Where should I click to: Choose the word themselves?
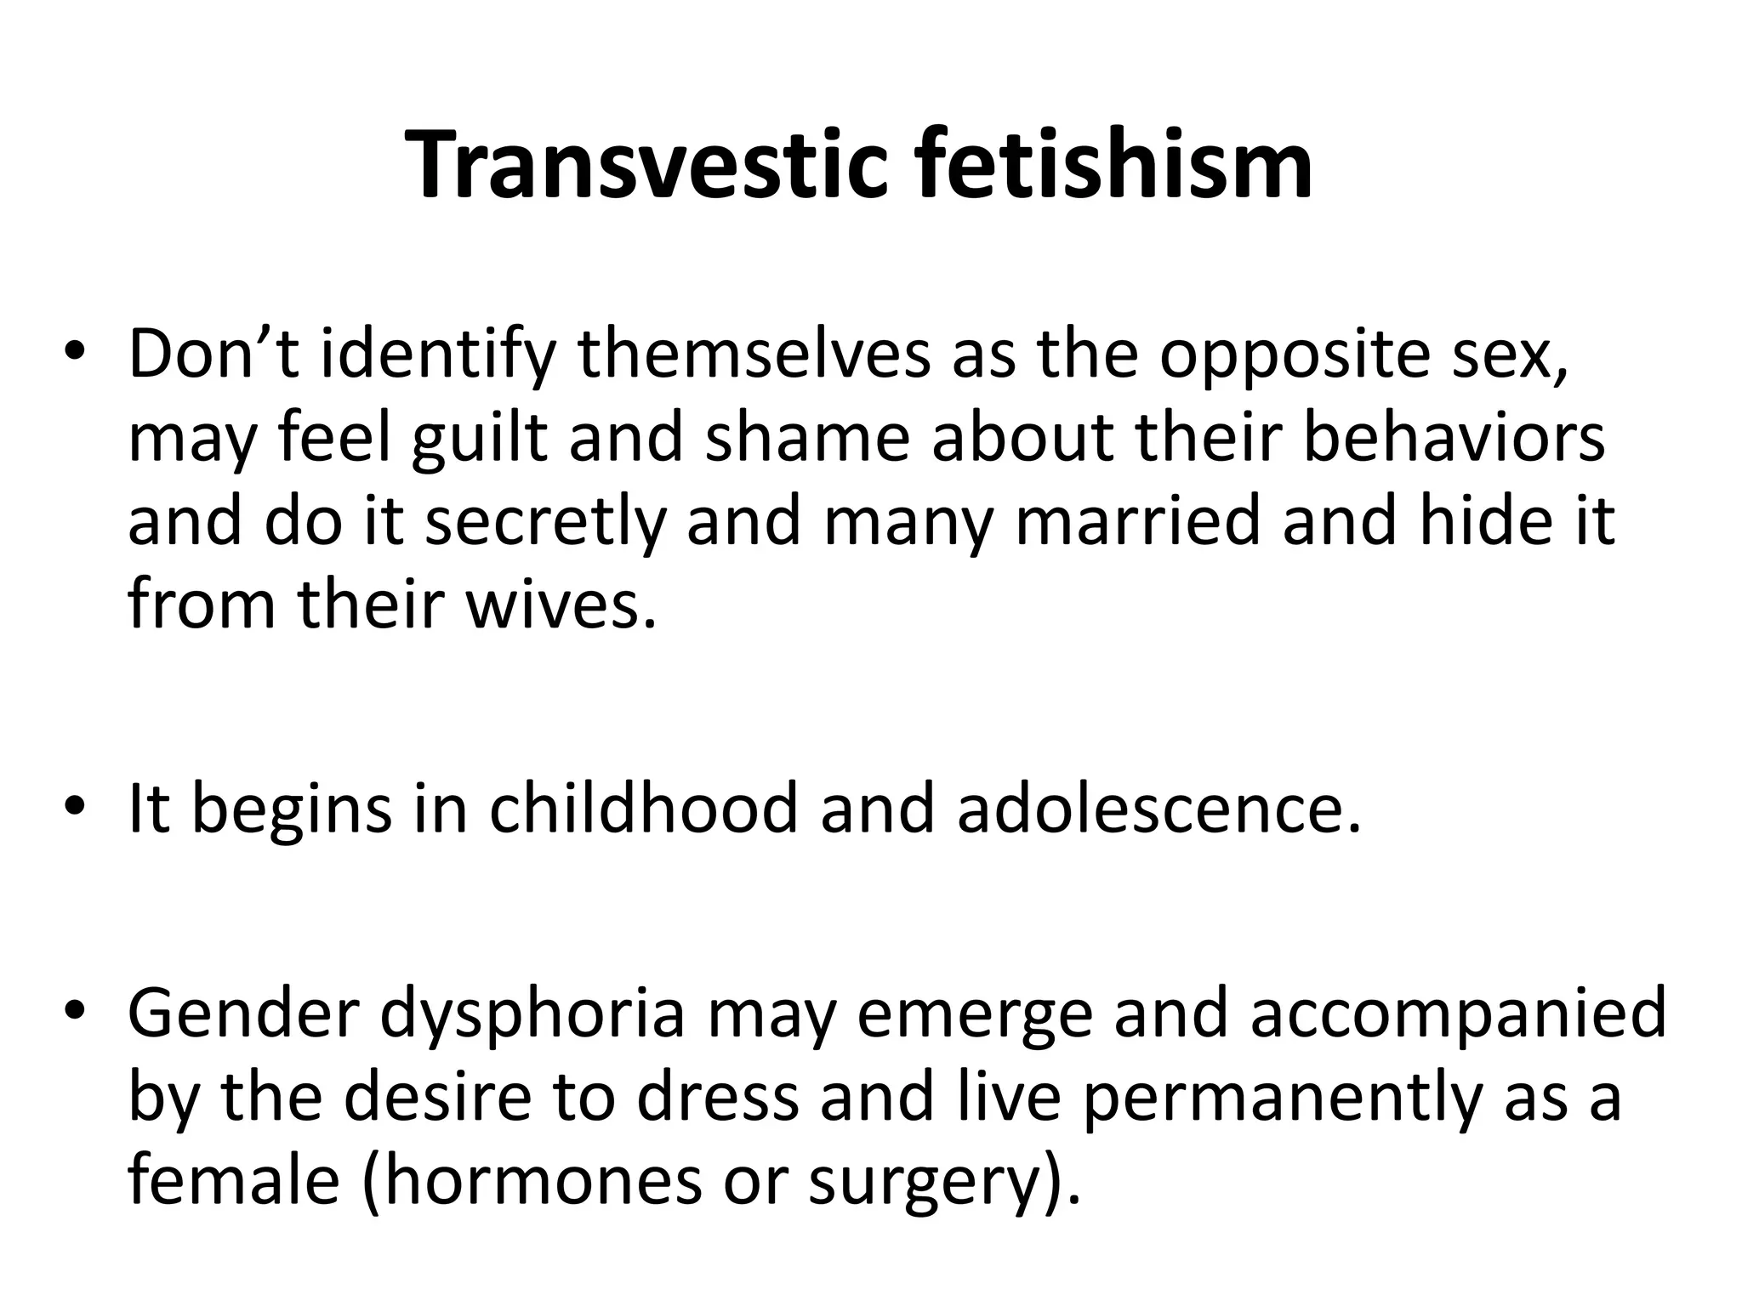point(754,355)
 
